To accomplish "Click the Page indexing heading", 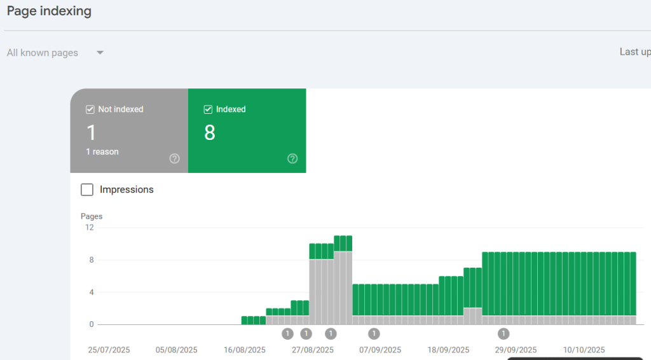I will [x=49, y=11].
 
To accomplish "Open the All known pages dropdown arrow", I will [x=100, y=53].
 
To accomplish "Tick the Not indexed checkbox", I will [x=90, y=109].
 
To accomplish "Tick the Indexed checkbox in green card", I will [x=208, y=109].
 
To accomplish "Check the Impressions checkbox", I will [x=87, y=190].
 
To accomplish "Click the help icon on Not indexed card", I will [x=174, y=158].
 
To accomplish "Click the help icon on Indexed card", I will [x=292, y=158].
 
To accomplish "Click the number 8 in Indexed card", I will [x=210, y=133].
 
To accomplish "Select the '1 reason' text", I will [x=102, y=152].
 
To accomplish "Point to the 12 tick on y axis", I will [x=90, y=228].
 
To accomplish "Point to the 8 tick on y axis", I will [x=92, y=260].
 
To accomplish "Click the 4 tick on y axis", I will [x=92, y=293].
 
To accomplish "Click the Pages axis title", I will [x=92, y=216].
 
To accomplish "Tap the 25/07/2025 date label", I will [x=109, y=350].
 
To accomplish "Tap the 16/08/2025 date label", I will [x=245, y=350].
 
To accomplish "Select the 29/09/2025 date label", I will [x=516, y=350].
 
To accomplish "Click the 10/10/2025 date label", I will [x=584, y=350].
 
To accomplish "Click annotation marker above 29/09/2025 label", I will [x=504, y=333].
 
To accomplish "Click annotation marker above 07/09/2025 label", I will [x=374, y=333].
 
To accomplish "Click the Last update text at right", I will [x=634, y=52].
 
